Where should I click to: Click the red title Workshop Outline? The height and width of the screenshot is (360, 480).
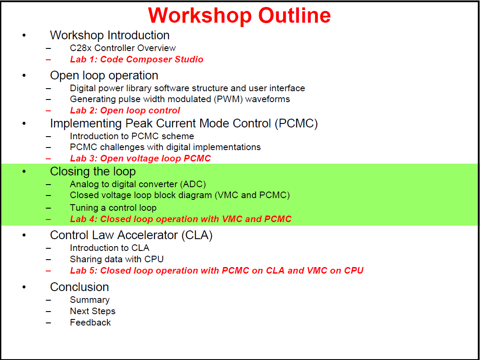[239, 15]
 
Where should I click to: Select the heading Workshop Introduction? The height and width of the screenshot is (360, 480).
[110, 35]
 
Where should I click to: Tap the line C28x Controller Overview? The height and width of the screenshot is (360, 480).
[123, 48]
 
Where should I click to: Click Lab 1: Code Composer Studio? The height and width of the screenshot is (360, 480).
[137, 59]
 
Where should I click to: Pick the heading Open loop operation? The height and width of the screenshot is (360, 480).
[104, 75]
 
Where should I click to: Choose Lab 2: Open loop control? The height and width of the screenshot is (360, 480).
[125, 110]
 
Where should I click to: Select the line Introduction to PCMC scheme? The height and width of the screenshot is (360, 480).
[132, 136]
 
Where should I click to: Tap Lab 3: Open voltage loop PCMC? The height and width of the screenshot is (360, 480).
[140, 158]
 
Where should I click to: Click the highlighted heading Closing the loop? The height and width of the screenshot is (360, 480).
[93, 171]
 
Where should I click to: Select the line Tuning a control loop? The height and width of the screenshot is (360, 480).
[113, 208]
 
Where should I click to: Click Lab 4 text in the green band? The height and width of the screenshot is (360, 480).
[180, 219]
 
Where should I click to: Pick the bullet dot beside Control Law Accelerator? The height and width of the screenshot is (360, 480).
[24, 236]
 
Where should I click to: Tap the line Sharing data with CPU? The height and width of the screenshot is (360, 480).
[117, 259]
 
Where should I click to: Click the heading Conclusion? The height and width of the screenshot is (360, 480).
[79, 287]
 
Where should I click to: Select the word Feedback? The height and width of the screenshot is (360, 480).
[90, 322]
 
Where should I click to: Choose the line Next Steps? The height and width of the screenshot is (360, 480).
[93, 311]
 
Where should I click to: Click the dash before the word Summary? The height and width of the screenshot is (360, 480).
[48, 300]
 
